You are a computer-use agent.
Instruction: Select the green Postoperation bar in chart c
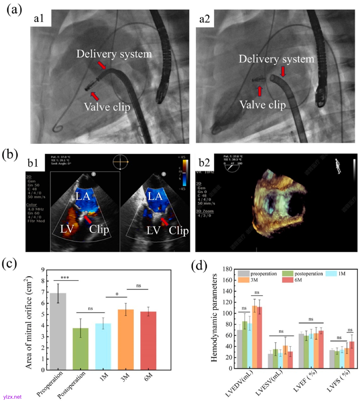pyautogui.click(x=81, y=349)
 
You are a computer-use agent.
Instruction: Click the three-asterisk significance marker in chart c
pyautogui.click(x=65, y=278)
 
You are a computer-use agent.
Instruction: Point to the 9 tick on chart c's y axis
pyautogui.click(x=43, y=270)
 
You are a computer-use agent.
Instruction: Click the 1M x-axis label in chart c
pyautogui.click(x=104, y=377)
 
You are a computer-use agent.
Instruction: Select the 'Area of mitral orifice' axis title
pyautogui.click(x=29, y=322)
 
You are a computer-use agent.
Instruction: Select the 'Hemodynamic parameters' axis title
pyautogui.click(x=214, y=318)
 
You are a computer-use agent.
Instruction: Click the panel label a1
pyautogui.click(x=39, y=18)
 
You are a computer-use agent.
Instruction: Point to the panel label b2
pyautogui.click(x=204, y=162)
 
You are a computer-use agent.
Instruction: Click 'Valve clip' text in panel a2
pyautogui.click(x=262, y=105)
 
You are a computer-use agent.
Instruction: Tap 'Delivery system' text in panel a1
pyautogui.click(x=114, y=54)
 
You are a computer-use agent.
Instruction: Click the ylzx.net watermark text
pyautogui.click(x=12, y=397)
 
